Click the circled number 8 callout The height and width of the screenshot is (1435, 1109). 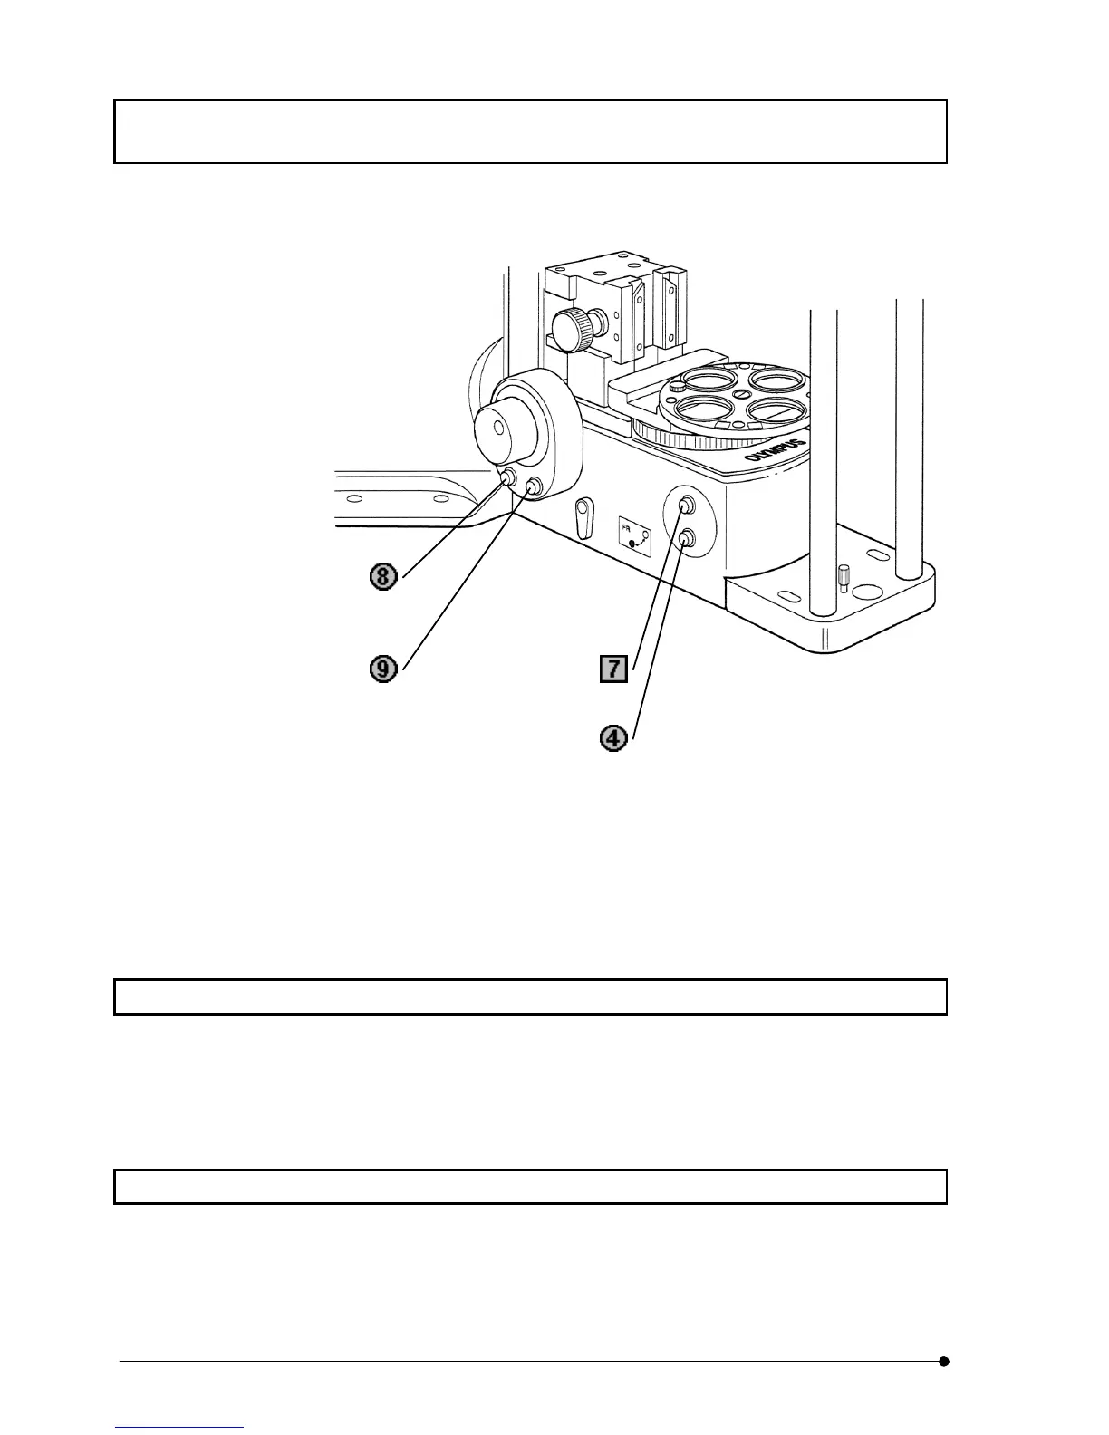pos(384,577)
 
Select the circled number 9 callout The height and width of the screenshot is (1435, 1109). pos(384,669)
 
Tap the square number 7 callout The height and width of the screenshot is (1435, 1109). pos(614,669)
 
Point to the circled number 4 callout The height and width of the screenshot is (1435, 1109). pos(614,738)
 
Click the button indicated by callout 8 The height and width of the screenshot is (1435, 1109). pos(509,476)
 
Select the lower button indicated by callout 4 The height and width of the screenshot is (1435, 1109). pos(687,539)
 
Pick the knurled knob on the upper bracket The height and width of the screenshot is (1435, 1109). pos(572,329)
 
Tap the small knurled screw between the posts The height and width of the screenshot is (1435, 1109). pos(844,576)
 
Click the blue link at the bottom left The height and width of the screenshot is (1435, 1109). pos(179,1429)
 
